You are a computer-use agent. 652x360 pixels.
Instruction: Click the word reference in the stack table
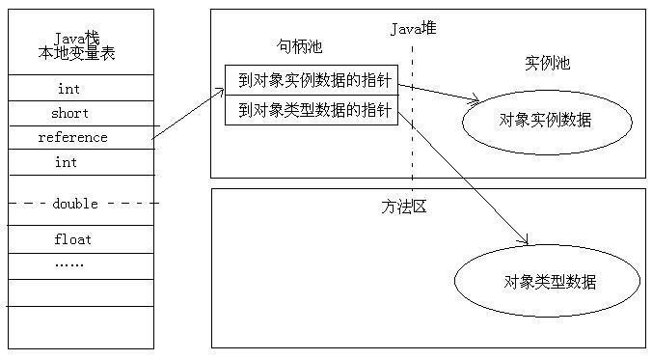[x=73, y=137]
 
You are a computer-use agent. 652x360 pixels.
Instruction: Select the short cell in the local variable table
[x=70, y=113]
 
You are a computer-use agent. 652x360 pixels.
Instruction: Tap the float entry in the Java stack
[x=72, y=238]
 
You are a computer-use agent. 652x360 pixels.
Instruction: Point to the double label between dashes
[x=76, y=204]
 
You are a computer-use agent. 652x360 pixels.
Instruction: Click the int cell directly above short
[x=68, y=89]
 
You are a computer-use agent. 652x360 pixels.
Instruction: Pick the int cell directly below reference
[x=67, y=162]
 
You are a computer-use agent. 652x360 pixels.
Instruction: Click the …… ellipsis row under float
[x=68, y=263]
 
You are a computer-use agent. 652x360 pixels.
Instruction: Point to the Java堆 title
[x=413, y=28]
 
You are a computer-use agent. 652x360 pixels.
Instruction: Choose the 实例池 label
[x=547, y=64]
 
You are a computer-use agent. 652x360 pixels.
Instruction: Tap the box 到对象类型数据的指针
[x=311, y=111]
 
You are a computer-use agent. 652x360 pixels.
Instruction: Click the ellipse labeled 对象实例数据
[x=546, y=121]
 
